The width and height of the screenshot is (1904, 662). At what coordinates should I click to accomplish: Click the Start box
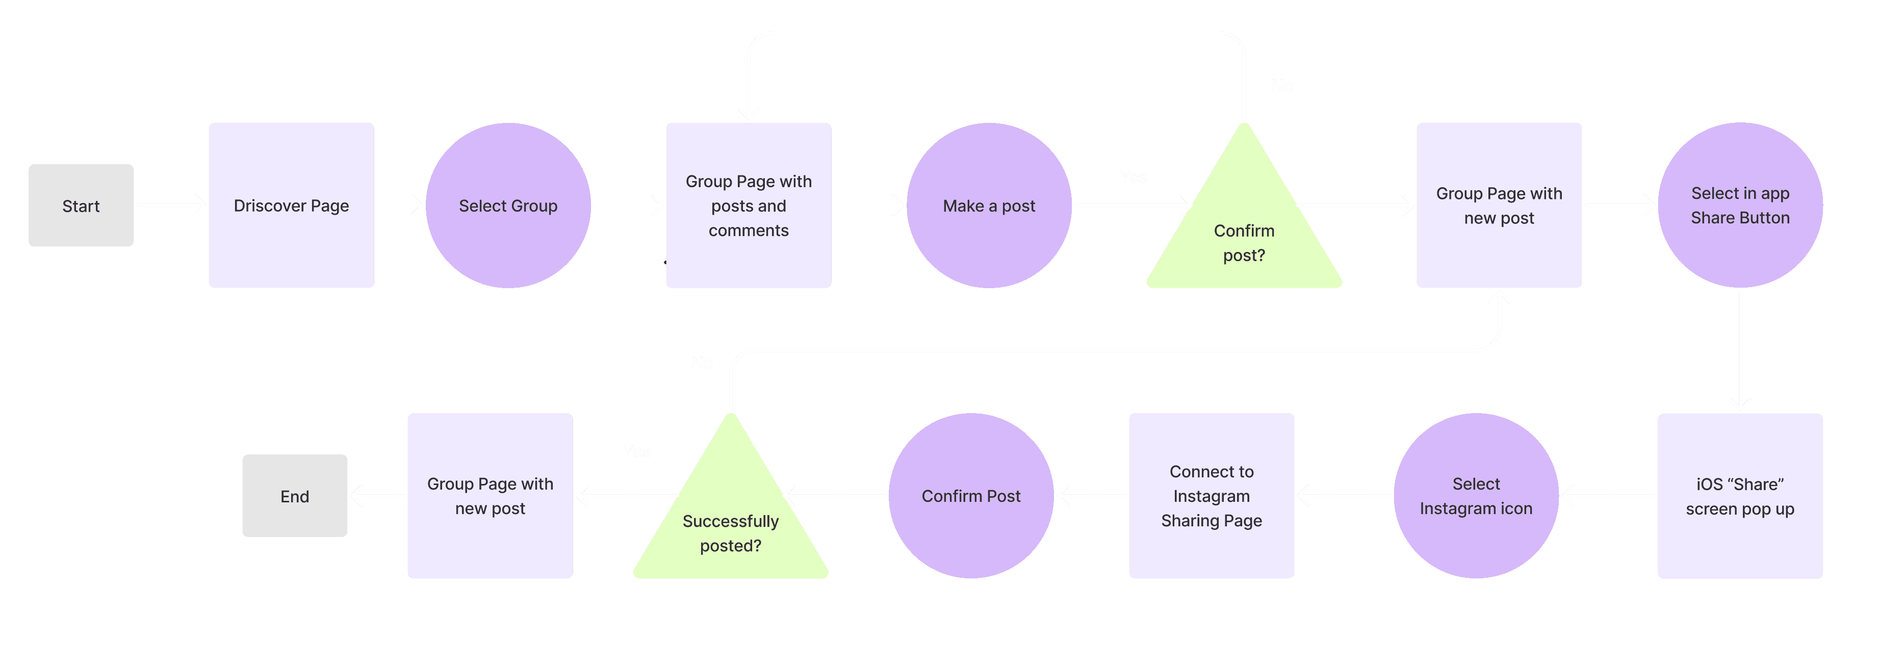click(x=81, y=206)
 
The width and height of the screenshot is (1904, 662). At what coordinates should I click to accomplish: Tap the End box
click(x=295, y=496)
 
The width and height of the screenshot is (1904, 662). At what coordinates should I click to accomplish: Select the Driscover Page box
click(x=291, y=206)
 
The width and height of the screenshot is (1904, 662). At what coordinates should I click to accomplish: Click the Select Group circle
click(x=508, y=206)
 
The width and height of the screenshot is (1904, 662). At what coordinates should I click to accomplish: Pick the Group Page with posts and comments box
click(x=748, y=206)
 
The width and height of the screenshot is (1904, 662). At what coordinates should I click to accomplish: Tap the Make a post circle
click(x=989, y=206)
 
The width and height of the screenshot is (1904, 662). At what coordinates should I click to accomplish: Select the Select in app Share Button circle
click(x=1740, y=206)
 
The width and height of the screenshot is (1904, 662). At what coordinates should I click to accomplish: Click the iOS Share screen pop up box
click(x=1740, y=496)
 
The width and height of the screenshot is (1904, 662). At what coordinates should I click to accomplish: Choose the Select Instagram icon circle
click(x=1476, y=496)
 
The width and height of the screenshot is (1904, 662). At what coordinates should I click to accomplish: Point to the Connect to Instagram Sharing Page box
click(x=1212, y=496)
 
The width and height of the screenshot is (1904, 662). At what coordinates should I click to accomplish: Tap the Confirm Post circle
click(x=970, y=496)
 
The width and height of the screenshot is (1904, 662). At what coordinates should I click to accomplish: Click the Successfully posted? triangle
click(x=730, y=526)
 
